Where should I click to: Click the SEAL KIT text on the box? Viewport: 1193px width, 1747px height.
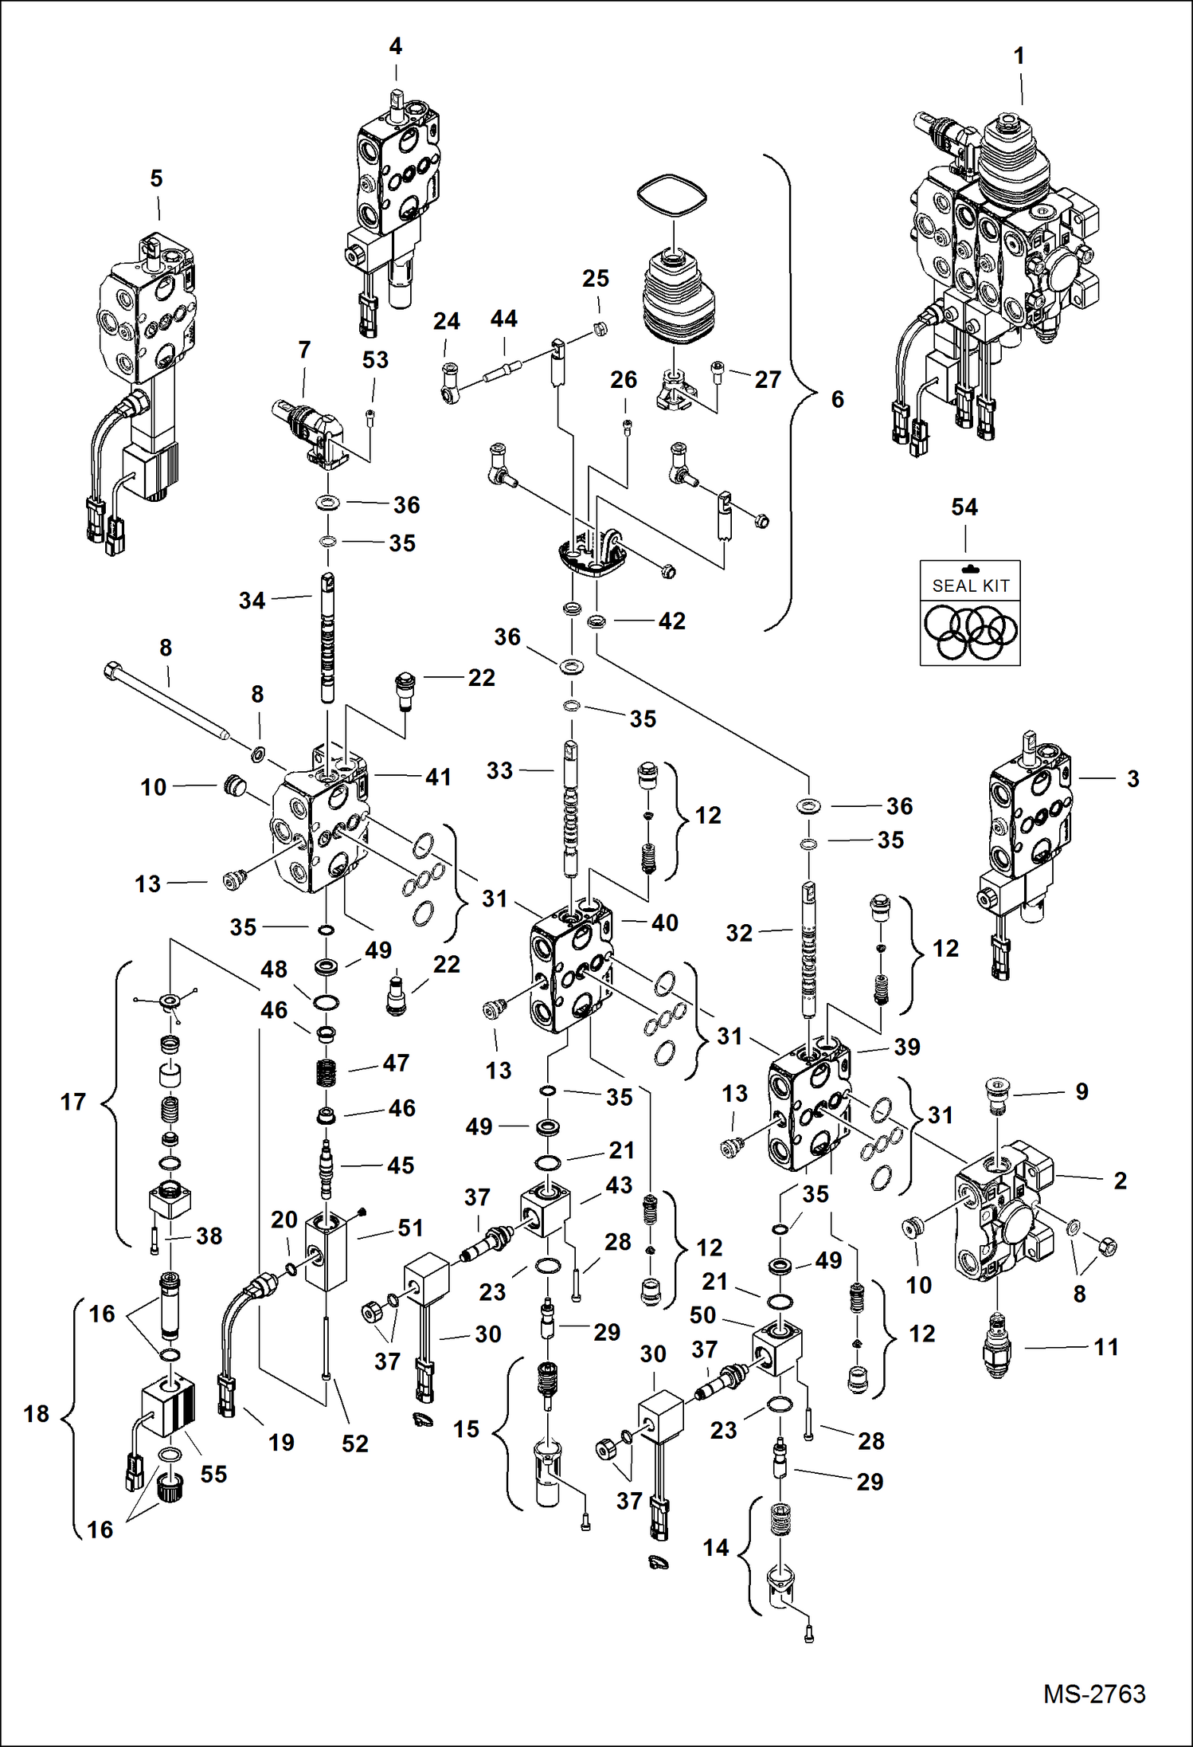point(970,586)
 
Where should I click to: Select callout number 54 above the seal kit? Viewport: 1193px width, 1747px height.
point(964,507)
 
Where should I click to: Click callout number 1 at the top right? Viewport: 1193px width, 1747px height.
point(1019,57)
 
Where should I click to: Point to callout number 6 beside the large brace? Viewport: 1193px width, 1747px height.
point(837,399)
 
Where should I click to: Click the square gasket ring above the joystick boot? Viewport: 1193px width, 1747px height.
point(671,195)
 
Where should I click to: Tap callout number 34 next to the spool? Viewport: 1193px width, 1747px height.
point(252,601)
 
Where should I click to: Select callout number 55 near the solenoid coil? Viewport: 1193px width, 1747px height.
point(213,1474)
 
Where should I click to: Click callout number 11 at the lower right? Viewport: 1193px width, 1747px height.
point(1105,1347)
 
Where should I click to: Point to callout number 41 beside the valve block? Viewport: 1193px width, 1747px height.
point(438,777)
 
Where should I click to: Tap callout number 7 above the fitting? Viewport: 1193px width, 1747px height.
point(303,350)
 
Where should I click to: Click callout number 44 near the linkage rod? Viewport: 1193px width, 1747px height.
point(503,319)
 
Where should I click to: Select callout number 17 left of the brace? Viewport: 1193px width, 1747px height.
point(72,1102)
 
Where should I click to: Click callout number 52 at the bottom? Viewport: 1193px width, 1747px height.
point(354,1443)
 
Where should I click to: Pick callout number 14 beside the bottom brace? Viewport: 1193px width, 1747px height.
point(715,1548)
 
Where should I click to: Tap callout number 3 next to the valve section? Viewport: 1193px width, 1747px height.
point(1132,778)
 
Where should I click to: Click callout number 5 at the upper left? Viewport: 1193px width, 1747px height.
point(156,178)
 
